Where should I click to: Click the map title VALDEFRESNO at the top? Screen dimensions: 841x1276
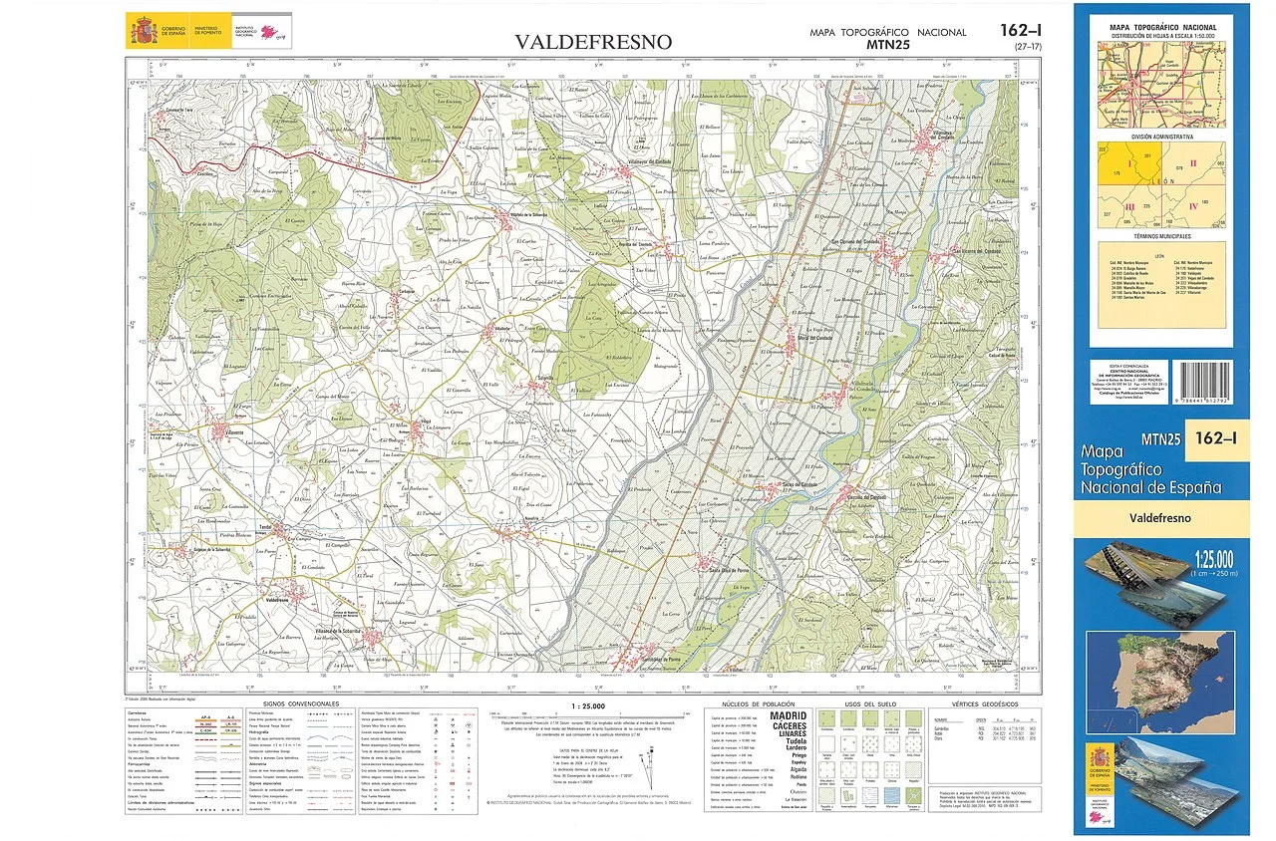593,42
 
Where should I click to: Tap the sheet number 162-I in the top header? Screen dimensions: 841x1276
1022,30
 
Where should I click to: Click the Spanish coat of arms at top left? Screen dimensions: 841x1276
143,31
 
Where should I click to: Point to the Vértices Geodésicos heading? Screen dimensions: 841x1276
973,704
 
